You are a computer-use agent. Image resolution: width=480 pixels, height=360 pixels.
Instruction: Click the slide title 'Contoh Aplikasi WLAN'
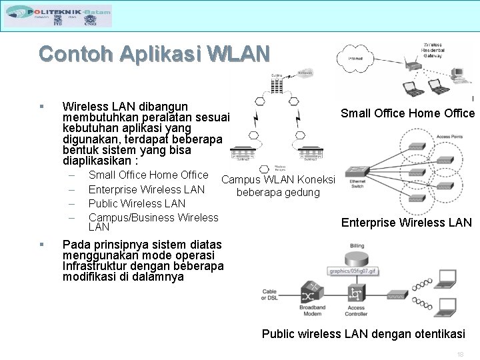point(154,53)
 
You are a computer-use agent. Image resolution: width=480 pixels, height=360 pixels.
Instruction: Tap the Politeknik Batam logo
point(58,15)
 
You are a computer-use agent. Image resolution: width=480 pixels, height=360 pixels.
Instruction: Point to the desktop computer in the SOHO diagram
point(458,75)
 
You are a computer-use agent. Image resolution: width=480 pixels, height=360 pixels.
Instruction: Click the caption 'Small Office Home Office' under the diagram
point(407,113)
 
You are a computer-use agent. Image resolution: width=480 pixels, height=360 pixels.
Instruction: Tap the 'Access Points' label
point(449,137)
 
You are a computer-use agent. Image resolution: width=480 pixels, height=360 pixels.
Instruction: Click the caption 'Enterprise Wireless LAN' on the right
point(406,223)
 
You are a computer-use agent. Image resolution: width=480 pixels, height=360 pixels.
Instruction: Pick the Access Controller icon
point(357,294)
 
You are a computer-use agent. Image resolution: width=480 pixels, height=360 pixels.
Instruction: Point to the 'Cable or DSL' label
point(269,295)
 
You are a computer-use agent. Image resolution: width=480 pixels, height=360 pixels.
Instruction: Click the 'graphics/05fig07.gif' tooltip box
point(354,271)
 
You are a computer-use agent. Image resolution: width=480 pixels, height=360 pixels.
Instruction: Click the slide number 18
point(460,353)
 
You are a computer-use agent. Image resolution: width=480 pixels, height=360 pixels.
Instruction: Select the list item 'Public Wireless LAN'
point(137,203)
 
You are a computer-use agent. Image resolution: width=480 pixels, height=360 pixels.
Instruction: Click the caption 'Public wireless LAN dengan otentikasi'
point(363,334)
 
